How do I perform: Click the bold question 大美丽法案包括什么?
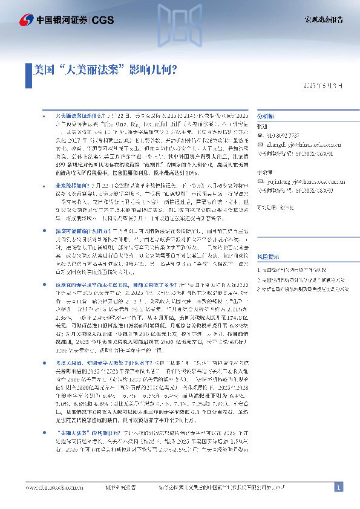[x=81, y=114]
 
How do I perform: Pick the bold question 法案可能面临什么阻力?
[x=83, y=231]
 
